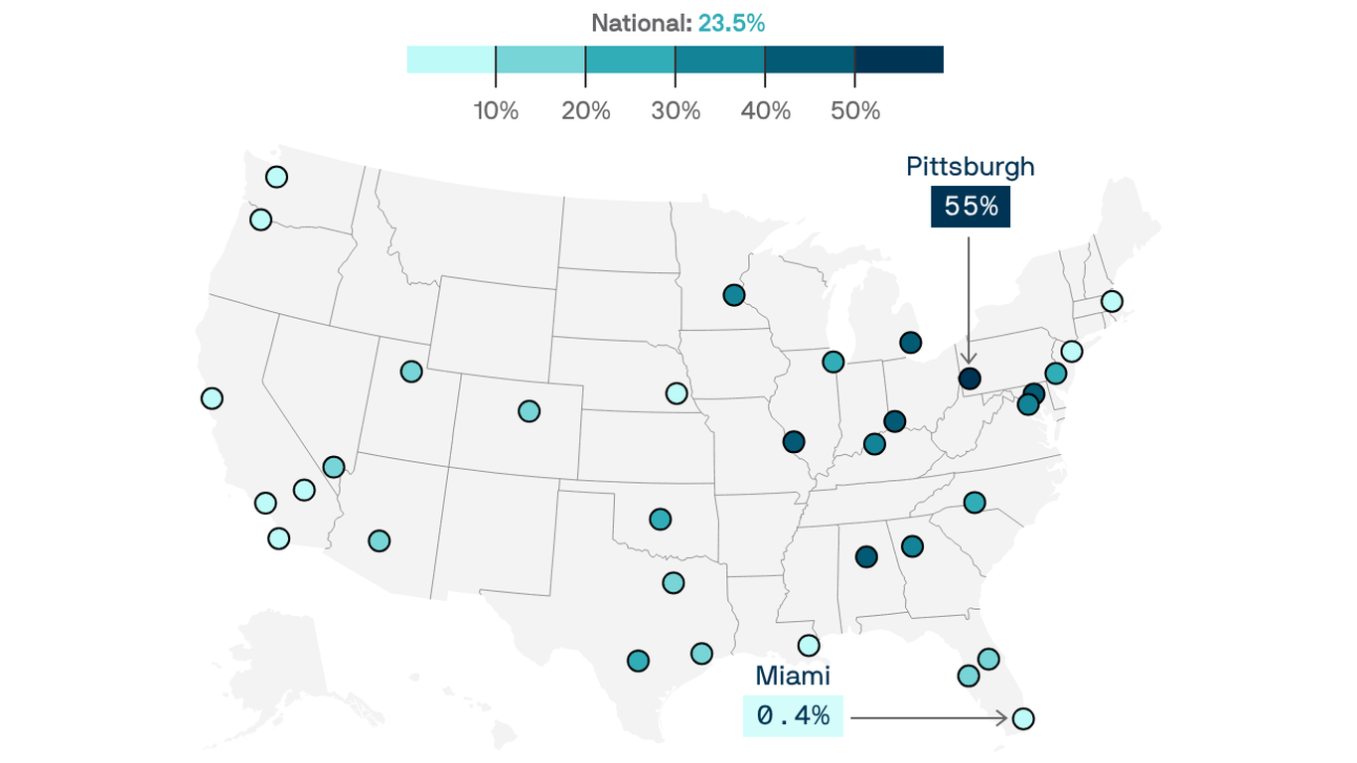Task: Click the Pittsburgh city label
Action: click(970, 167)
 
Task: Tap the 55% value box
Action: click(970, 207)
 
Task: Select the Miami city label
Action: click(792, 677)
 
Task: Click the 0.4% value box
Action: click(793, 715)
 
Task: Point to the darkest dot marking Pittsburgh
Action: click(969, 379)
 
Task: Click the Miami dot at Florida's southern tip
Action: click(1022, 718)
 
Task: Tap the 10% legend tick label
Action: click(496, 111)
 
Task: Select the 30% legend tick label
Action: click(676, 111)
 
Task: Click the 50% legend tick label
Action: click(855, 111)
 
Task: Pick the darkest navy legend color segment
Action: click(899, 60)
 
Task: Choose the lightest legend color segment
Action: click(451, 60)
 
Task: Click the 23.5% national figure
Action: click(731, 24)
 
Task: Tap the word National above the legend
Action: click(641, 24)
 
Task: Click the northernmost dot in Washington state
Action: click(276, 177)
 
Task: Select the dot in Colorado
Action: click(528, 410)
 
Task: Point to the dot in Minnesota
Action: click(733, 295)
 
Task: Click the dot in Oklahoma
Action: click(660, 519)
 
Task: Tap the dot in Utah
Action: click(411, 372)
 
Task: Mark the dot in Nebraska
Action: click(676, 392)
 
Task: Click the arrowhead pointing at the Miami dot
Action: click(1004, 717)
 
